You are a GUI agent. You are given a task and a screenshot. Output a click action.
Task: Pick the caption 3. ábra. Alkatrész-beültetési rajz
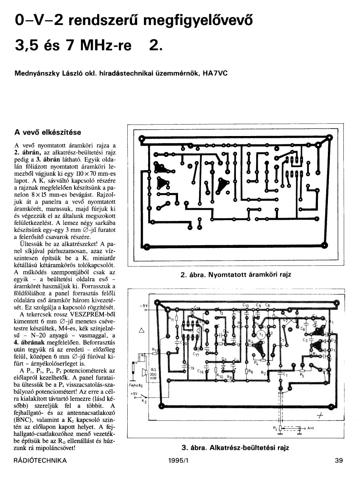(x=235, y=448)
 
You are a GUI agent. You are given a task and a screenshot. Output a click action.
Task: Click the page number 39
(x=338, y=461)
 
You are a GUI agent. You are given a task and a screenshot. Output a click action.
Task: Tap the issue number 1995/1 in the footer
(x=177, y=461)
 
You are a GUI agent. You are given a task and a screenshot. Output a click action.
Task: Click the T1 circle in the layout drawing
(x=261, y=334)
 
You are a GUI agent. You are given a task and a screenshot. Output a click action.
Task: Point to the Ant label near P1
(x=310, y=428)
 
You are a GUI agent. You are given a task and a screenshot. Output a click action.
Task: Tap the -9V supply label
(x=144, y=305)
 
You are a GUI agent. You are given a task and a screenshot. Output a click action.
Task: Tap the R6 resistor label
(x=250, y=372)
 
